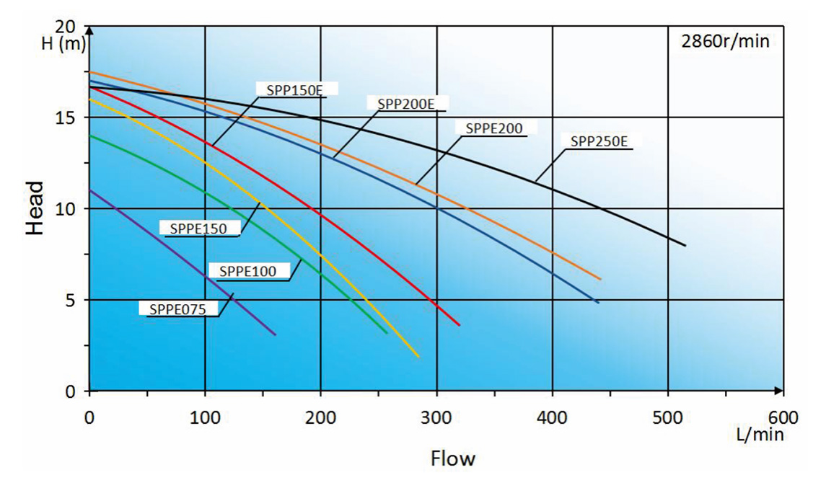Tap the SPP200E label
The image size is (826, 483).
[405, 104]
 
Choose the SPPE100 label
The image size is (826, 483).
[248, 272]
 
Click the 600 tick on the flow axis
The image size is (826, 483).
[783, 417]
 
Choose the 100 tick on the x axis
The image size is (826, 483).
[205, 417]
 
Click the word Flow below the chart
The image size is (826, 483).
[453, 458]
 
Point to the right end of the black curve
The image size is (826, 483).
[685, 246]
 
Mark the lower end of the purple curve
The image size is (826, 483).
[275, 334]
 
